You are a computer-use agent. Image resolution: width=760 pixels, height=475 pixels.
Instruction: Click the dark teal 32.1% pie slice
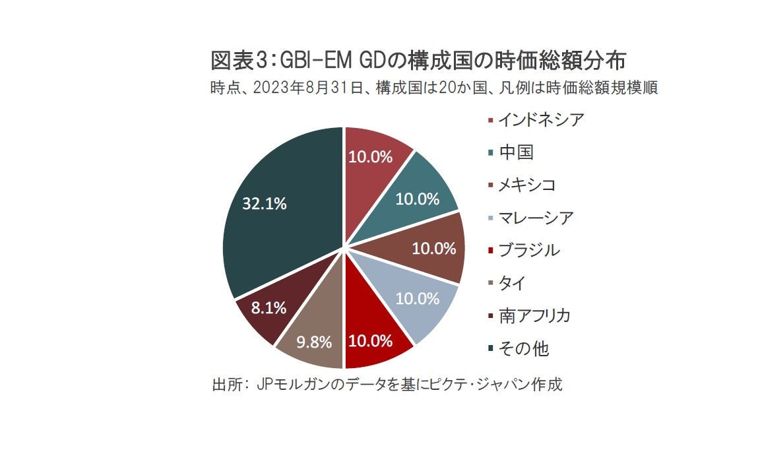[277, 218]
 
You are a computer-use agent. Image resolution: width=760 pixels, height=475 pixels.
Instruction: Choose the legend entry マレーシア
[535, 218]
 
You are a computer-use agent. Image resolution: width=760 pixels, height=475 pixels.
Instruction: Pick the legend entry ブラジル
[528, 251]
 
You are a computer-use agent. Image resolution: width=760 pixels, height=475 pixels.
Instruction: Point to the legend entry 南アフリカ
[534, 316]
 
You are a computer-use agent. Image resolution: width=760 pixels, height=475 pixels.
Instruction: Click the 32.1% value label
[264, 204]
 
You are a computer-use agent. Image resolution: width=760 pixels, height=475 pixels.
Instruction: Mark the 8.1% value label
[251, 307]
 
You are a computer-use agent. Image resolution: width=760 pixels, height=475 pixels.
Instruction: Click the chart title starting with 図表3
[418, 61]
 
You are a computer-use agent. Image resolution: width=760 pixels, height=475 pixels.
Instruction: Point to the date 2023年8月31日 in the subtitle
[313, 88]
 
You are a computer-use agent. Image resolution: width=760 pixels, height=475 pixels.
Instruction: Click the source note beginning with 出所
[387, 385]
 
